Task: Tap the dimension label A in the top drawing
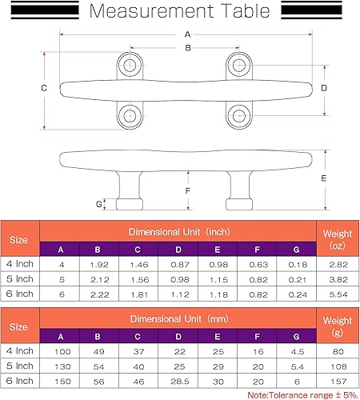187,34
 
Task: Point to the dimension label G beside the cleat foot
99,204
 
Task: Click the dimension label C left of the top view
44,87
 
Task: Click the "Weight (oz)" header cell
337,238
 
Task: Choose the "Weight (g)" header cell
337,326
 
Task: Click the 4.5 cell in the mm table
297,351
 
